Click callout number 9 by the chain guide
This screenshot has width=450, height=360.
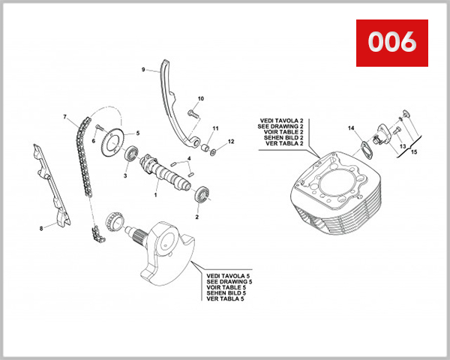[142, 70]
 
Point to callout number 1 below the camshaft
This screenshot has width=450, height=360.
[156, 195]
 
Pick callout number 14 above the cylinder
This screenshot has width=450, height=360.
[349, 128]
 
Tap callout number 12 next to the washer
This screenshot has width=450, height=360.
[231, 142]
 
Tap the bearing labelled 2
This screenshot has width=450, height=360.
[202, 197]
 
